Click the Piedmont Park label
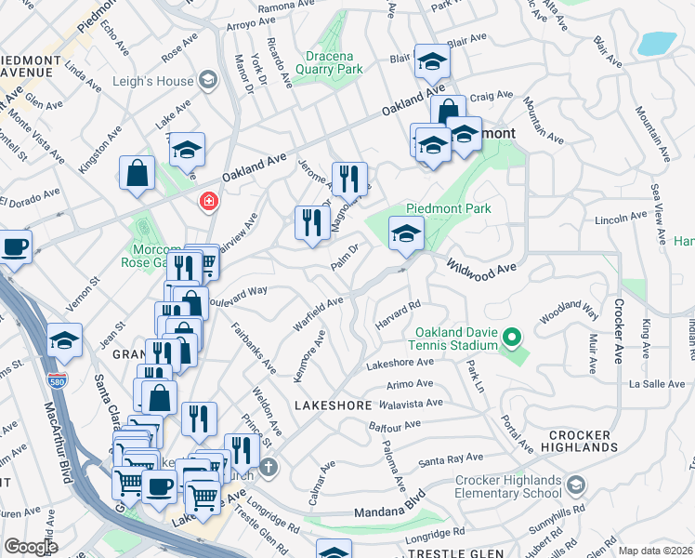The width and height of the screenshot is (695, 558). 449,208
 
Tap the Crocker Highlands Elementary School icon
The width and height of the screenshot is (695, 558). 575,485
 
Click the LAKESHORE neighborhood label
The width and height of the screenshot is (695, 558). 333,405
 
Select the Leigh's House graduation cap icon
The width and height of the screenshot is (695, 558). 207,81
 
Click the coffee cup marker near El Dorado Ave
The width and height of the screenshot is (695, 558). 15,247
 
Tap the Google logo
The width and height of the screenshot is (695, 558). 31,547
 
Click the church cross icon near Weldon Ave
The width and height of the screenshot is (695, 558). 269,466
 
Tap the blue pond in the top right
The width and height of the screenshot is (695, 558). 658,43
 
